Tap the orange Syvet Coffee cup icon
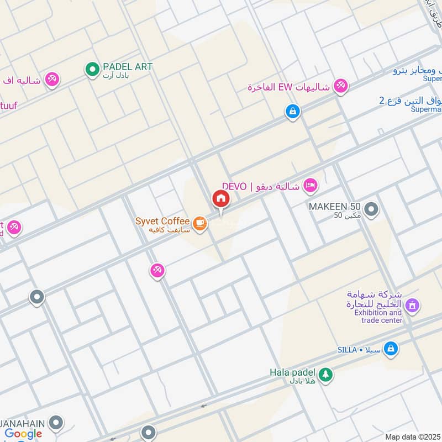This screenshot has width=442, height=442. coord(199,224)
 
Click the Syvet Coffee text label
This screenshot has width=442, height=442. coord(162,221)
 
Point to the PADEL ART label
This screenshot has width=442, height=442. coord(128,67)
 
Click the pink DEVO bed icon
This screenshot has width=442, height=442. coord(311,186)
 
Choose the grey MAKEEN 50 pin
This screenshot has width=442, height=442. coord(372,209)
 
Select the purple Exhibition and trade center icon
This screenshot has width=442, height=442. coord(412,304)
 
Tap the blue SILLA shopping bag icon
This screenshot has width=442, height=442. coord(391,349)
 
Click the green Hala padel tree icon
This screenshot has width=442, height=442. coord(325,375)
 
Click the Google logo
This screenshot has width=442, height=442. coord(23,434)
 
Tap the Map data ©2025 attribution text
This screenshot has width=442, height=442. coord(412,436)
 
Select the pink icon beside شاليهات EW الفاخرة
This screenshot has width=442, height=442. coord(340,87)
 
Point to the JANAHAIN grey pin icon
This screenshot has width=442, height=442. coord(55,424)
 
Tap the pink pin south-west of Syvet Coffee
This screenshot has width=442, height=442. coord(157,271)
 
